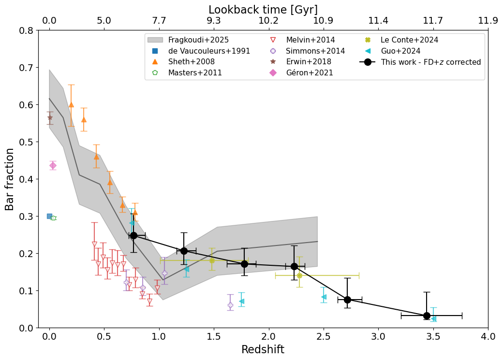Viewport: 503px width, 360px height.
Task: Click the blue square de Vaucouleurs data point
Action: (x=49, y=216)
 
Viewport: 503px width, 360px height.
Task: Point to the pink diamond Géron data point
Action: (x=53, y=165)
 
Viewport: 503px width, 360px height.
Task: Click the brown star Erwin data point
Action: (x=50, y=117)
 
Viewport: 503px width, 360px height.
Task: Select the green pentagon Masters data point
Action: (x=53, y=218)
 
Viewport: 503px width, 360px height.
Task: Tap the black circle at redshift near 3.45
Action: (x=427, y=316)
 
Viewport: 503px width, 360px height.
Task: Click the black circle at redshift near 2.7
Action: (x=347, y=300)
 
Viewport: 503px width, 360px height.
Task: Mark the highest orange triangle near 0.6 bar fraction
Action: (x=71, y=104)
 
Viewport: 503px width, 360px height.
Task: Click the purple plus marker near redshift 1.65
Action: (x=230, y=305)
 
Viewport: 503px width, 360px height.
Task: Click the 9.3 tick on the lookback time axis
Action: (x=214, y=21)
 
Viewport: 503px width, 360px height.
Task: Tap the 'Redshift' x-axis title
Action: (x=263, y=350)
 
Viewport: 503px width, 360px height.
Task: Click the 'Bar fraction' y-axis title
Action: (x=10, y=179)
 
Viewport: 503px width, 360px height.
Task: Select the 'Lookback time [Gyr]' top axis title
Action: (x=263, y=10)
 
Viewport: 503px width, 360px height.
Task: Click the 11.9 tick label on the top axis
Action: (x=488, y=21)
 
